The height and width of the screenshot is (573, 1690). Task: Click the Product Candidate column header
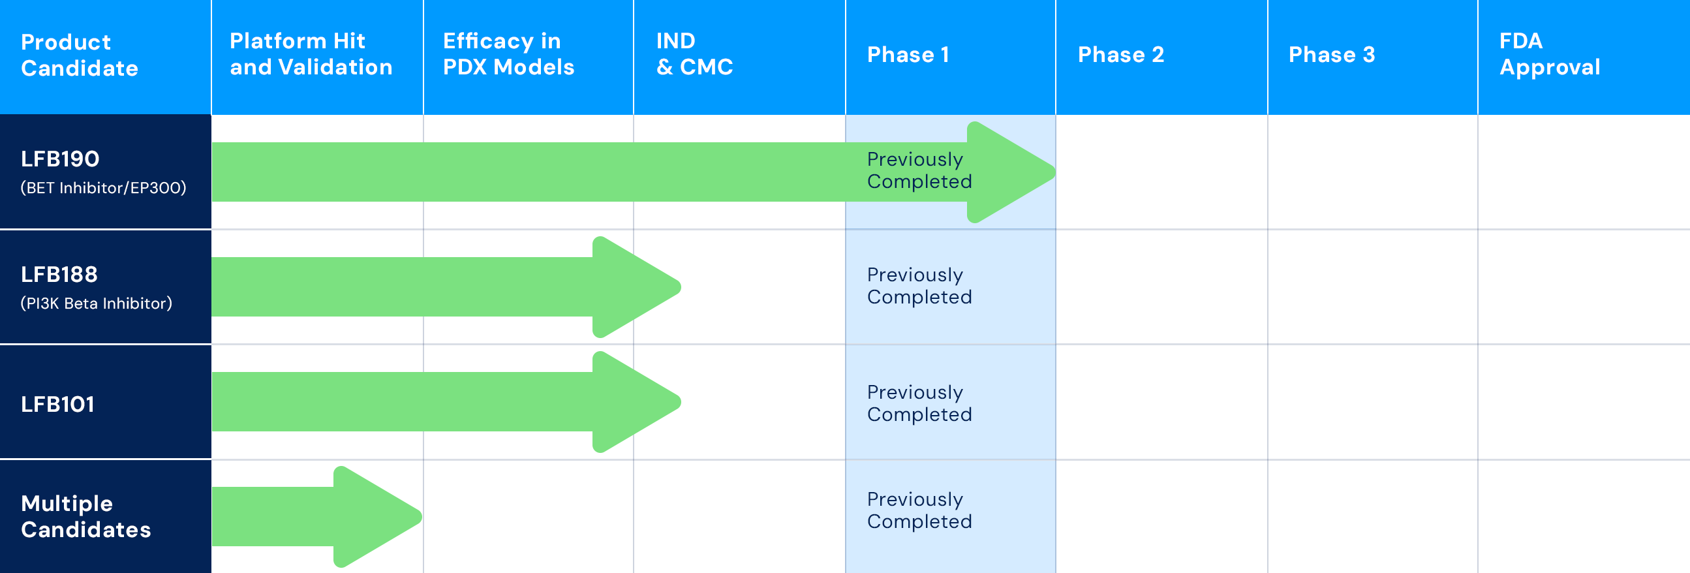coord(80,55)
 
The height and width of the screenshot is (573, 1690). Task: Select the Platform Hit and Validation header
coord(311,54)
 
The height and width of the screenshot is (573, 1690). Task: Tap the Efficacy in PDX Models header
coord(508,54)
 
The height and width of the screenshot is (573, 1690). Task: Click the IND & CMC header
coord(695,54)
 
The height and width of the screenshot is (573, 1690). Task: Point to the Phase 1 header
coord(908,54)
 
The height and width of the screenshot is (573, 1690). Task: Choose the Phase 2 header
coord(1120,54)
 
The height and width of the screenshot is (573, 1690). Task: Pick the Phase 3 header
coord(1331,54)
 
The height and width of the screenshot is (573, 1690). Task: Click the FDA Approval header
coord(1550,54)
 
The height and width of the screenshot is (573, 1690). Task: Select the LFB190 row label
coord(60,159)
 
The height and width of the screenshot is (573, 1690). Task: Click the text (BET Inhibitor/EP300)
coord(104,188)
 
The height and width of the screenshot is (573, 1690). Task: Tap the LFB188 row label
coord(59,274)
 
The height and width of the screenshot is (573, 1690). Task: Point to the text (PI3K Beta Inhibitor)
coord(97,303)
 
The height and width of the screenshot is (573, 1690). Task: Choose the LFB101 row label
coord(57,405)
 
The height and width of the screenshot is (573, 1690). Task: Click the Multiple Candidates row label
coord(86,517)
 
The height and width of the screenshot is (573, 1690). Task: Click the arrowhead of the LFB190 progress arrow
coord(1011,172)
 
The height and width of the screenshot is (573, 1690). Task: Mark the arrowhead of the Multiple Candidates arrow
coord(377,517)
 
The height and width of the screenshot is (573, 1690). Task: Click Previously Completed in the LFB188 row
coord(919,285)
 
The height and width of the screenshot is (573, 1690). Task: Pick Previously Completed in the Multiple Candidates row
coord(919,510)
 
